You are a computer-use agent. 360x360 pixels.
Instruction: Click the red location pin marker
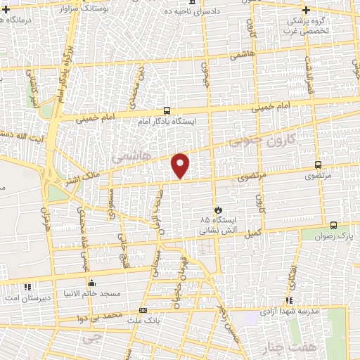[181, 165]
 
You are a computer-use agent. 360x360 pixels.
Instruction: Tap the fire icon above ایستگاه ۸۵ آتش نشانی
[218, 210]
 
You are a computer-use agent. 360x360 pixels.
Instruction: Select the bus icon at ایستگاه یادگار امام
[167, 110]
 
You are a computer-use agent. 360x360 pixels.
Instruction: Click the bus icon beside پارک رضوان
[333, 226]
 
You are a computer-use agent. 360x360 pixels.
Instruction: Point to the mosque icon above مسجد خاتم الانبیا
[92, 283]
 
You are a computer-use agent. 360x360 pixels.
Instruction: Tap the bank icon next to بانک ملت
[143, 310]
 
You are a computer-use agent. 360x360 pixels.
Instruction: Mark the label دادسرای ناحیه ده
[190, 11]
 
